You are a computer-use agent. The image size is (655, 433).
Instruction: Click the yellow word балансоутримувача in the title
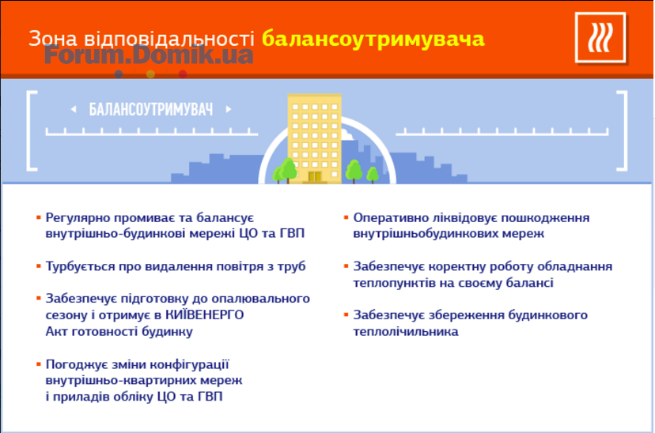pos(373,39)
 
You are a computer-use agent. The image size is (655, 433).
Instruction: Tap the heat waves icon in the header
pos(600,38)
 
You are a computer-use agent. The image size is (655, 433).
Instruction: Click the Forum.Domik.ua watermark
pos(149,55)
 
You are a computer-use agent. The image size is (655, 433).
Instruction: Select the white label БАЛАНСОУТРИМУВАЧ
pos(151,110)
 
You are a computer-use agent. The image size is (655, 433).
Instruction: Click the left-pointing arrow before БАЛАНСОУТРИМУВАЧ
pos(74,109)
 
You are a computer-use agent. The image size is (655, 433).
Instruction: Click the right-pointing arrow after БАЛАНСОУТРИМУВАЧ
pos(229,109)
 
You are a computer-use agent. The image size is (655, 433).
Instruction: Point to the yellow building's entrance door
pos(315,176)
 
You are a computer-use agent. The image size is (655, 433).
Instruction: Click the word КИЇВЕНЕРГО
pos(205,314)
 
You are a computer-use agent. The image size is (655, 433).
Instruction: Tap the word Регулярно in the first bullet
pos(78,218)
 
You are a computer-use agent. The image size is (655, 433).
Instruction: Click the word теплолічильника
pos(406,331)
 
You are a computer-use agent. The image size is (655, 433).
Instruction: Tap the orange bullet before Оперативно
pos(346,217)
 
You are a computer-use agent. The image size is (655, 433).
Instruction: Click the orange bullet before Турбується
pos(39,265)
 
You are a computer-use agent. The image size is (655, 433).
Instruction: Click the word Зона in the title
pos(53,39)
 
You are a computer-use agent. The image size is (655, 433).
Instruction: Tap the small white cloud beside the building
pos(346,135)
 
